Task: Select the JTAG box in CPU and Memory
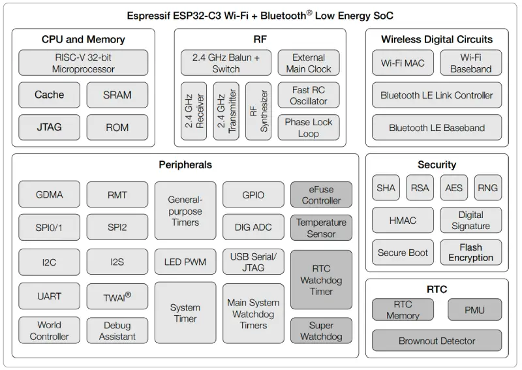pos(49,127)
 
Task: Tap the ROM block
pos(117,127)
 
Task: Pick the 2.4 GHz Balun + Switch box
pos(226,63)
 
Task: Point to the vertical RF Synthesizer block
pos(258,111)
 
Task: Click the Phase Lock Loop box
pos(309,127)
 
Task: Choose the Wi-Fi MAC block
pos(403,63)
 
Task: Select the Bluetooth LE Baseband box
pos(437,127)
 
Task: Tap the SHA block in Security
pos(386,188)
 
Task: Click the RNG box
pos(487,188)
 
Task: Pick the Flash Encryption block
pos(470,253)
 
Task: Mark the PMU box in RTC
pos(474,310)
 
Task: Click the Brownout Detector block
pos(437,341)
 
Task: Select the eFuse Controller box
pos(321,194)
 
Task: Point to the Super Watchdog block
pos(321,331)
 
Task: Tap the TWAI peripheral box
pos(117,296)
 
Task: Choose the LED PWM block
pos(185,262)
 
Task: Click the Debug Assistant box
pos(117,330)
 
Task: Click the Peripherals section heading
pos(185,165)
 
